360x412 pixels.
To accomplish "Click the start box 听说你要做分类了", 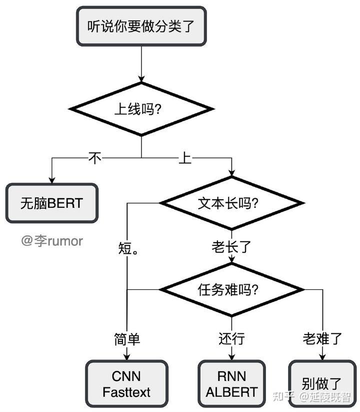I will pos(141,26).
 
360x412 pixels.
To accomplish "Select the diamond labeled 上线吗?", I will pos(141,109).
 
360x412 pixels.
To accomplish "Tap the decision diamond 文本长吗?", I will pos(231,203).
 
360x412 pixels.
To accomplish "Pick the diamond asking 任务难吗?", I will pos(231,289).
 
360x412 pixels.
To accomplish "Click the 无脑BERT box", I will pos(51,203).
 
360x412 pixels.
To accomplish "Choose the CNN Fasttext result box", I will pos(126,384).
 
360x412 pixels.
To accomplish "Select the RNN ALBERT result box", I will pos(231,384).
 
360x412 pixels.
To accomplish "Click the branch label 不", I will pos(95,158).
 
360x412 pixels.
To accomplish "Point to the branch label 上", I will pos(185,158).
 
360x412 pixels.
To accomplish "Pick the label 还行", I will pos(231,339).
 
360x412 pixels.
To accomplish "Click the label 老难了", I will pos(322,339).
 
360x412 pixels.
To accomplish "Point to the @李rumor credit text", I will pos(52,241).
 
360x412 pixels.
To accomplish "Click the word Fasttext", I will pos(126,392).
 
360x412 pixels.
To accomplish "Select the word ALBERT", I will pos(231,392).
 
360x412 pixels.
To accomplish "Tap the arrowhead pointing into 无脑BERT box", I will pos(51,180).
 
